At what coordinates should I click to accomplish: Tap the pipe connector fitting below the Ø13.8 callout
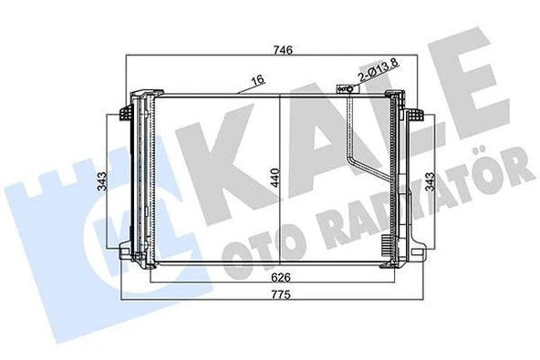(345, 89)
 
